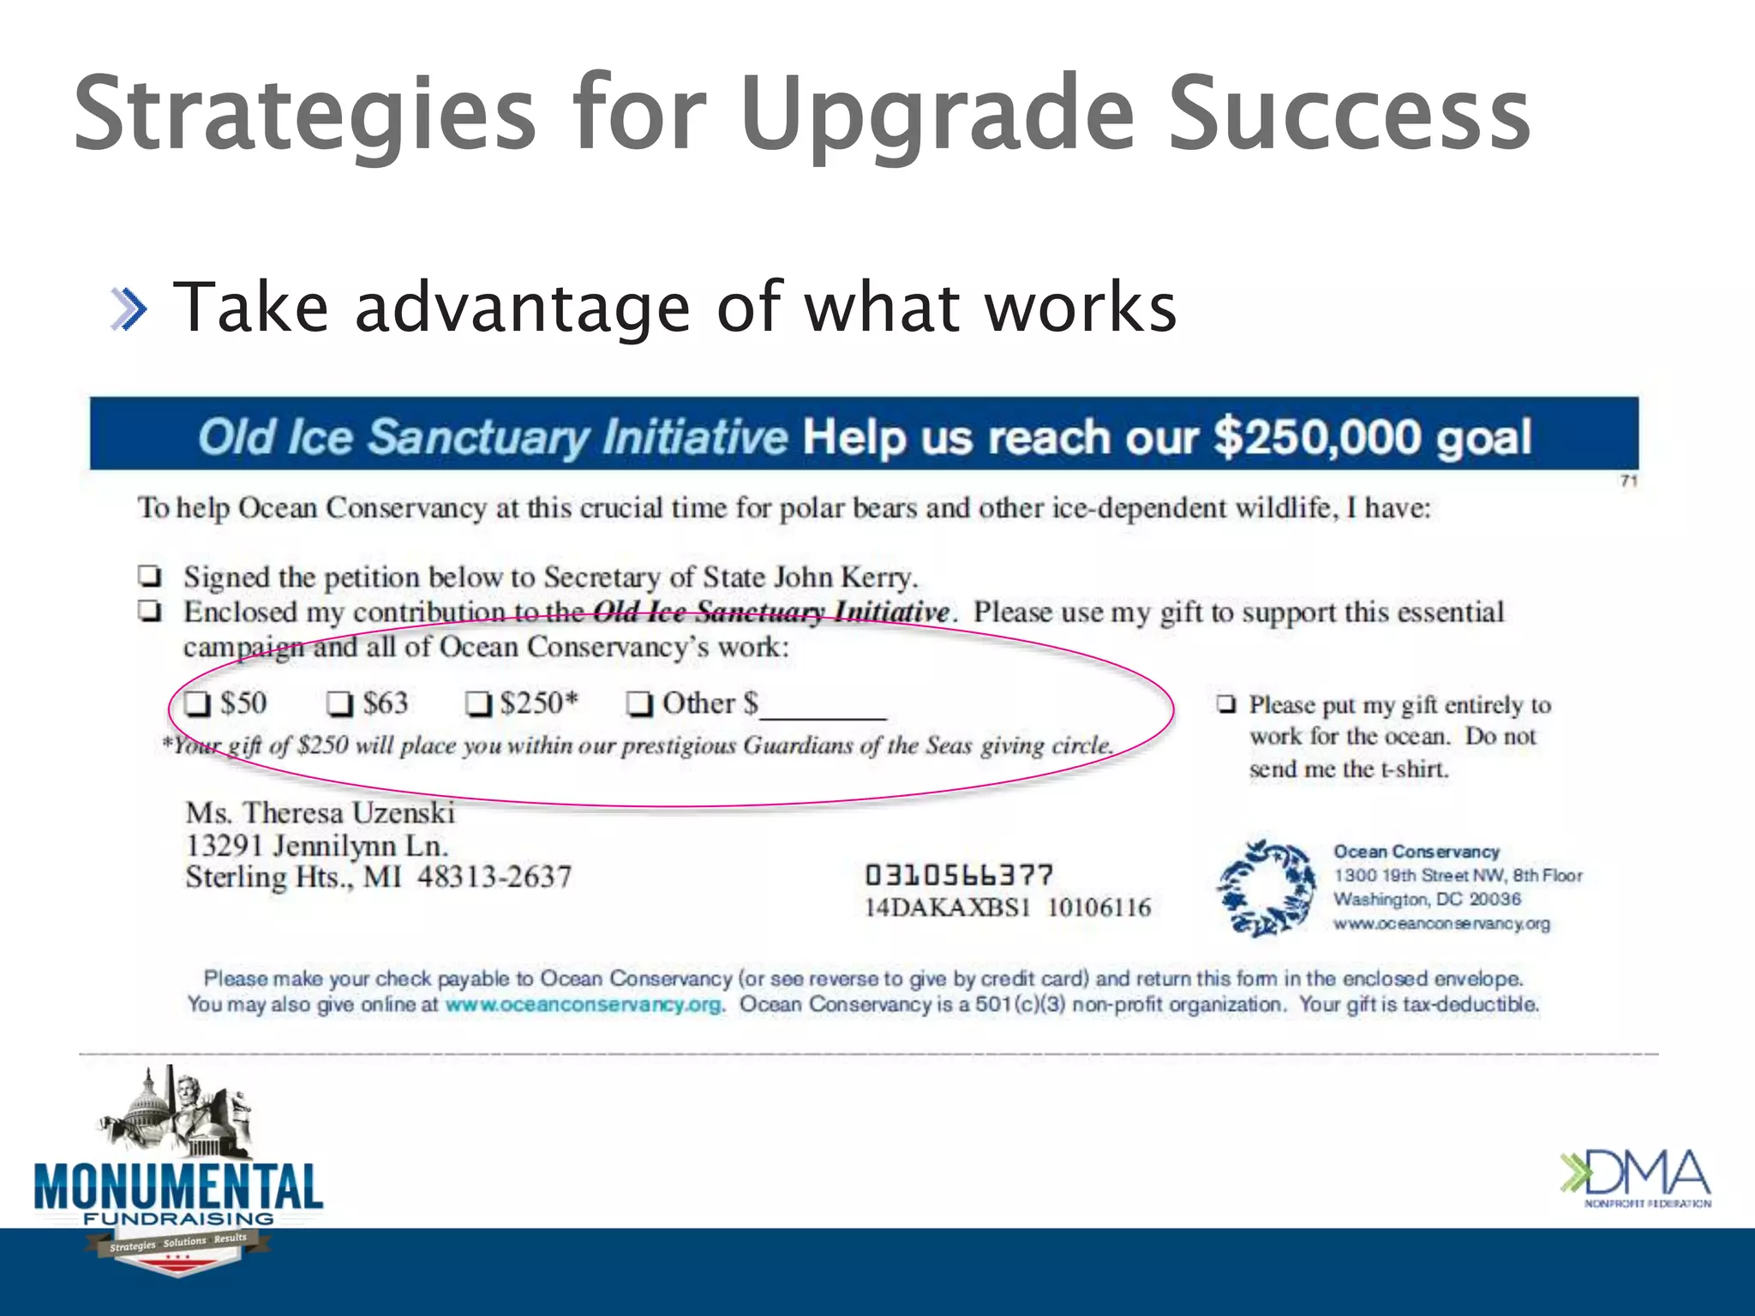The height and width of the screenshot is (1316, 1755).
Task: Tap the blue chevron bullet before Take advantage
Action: coord(129,309)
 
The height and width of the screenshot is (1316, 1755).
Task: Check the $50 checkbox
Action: coord(198,704)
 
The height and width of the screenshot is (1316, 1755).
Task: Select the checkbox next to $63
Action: coord(340,704)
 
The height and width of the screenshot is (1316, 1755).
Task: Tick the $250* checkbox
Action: coord(478,704)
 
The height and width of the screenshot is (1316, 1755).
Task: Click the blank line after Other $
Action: coord(823,709)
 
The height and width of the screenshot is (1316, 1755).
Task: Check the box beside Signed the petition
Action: coord(151,576)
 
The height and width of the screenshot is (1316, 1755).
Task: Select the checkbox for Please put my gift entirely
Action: coord(1226,704)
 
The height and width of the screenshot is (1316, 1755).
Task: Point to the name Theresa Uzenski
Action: coord(349,812)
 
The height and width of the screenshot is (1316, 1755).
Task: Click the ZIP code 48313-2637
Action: coord(494,877)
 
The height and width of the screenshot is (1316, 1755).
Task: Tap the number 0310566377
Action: coord(958,876)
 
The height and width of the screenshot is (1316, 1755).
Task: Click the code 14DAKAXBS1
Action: coord(947,908)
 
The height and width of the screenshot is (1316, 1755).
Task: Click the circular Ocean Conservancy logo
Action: coord(1267,888)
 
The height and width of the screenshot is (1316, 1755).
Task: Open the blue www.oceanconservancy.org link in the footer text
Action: coord(583,1004)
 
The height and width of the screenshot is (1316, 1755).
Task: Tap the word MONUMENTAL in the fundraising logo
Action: coord(178,1187)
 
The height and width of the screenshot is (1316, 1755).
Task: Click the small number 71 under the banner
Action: coord(1629,481)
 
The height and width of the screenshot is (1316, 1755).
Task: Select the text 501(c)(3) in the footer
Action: coord(1020,1004)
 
